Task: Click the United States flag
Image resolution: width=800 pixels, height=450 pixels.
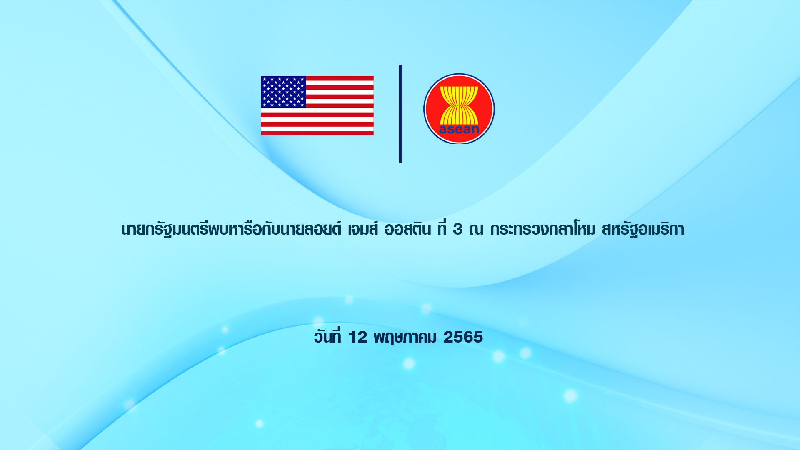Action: tap(317, 105)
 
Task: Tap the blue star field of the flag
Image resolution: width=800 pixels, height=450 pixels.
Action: tap(283, 92)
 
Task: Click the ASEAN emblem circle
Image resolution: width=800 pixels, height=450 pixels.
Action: tap(459, 109)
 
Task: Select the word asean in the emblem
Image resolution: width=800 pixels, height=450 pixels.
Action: tap(459, 129)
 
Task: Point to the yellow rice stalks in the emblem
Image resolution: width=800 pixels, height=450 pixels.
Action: tap(459, 105)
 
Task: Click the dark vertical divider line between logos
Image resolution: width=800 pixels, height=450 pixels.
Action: tap(400, 113)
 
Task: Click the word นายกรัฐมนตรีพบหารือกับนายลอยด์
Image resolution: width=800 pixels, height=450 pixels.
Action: tap(231, 229)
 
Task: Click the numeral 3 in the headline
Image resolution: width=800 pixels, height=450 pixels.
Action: tap(457, 229)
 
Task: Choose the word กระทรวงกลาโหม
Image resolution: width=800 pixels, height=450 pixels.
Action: tap(543, 229)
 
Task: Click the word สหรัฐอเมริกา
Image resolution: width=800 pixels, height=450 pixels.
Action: tap(643, 230)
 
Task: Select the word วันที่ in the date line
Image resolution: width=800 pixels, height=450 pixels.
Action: tap(327, 336)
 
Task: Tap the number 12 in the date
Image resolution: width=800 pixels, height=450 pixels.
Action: tap(357, 337)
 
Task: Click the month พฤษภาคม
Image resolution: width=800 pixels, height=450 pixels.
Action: tap(405, 337)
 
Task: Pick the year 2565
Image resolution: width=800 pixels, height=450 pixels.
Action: tap(463, 337)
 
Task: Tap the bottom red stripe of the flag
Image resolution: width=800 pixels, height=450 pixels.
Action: tap(317, 133)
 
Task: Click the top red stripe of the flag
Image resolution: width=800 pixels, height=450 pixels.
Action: tap(340, 78)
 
